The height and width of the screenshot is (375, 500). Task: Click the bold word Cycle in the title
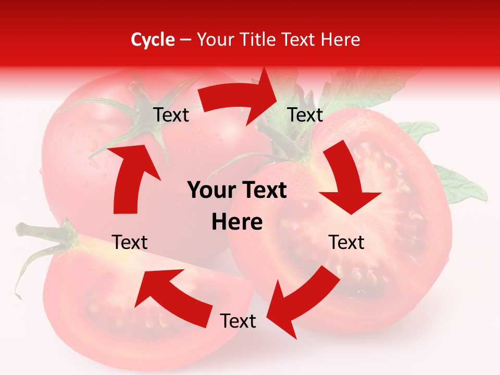click(153, 40)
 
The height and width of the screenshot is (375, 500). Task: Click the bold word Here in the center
click(237, 222)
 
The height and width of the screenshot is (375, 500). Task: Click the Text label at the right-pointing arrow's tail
click(171, 115)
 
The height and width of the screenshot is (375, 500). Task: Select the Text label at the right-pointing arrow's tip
click(305, 115)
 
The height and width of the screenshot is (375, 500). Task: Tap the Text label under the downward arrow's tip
click(346, 242)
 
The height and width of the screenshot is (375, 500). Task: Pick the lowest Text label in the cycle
click(238, 321)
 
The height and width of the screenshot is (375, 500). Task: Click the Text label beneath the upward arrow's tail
click(130, 242)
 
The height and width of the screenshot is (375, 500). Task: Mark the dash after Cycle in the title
click(185, 40)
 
